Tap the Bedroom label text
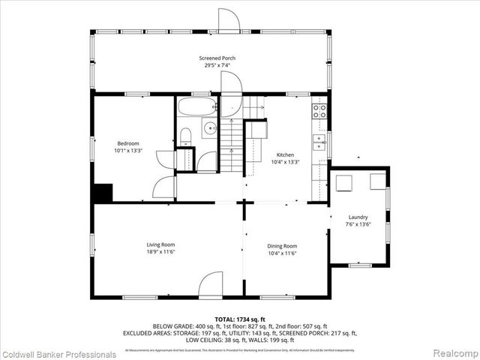pos(127,143)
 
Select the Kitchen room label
pos(285,154)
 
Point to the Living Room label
pos(160,244)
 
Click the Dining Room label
pos(282,246)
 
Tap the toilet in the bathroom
pos(185,135)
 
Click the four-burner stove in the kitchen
pos(319,112)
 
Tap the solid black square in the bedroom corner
pos(102,193)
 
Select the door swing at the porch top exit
pos(228,21)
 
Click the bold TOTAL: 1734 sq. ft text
pos(240,319)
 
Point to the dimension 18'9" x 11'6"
pos(160,253)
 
